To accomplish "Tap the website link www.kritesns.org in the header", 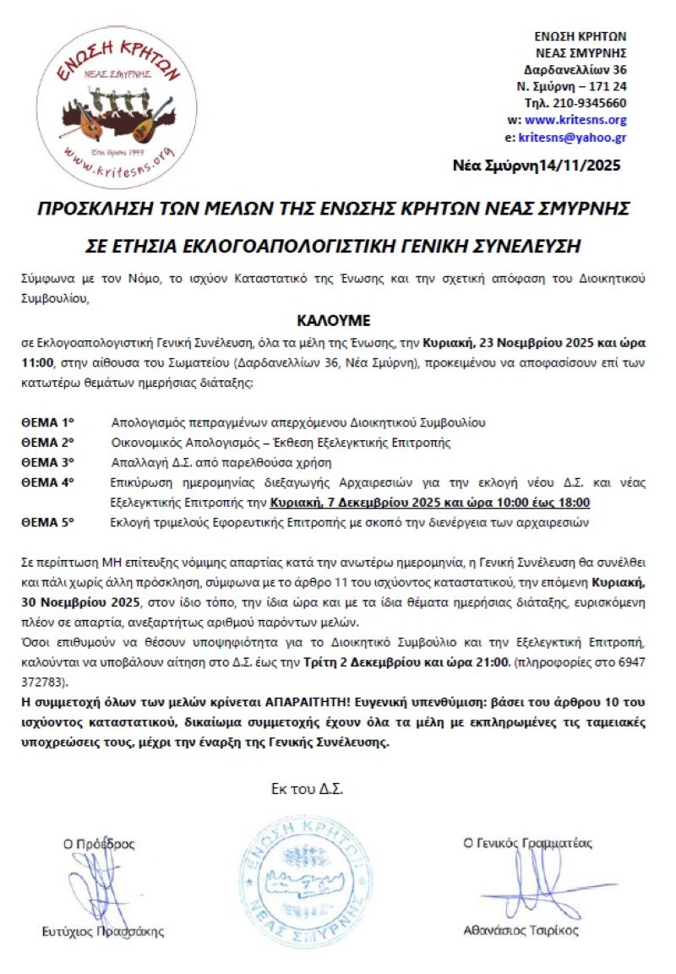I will [575, 120].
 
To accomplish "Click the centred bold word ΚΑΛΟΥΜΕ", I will [335, 321].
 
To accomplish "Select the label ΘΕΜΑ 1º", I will [48, 422].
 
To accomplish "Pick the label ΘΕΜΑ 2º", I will [48, 442].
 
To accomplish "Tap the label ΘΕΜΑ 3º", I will [48, 462].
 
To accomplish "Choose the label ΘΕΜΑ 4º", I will [48, 482].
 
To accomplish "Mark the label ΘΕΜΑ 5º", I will [48, 523].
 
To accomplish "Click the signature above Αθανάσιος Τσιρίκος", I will [524, 887].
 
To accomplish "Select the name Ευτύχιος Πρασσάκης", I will [103, 932].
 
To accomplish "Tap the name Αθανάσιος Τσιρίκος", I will [521, 931].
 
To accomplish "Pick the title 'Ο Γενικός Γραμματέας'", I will [528, 843].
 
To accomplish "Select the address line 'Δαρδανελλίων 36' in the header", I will [575, 69].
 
